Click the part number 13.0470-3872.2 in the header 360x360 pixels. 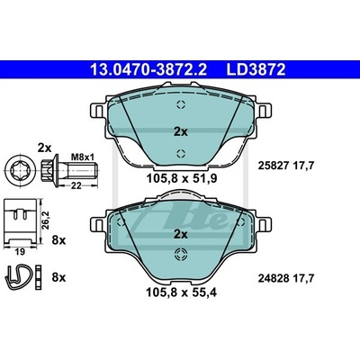coord(148,70)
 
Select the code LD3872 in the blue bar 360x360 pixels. coord(256,70)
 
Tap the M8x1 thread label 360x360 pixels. coord(83,157)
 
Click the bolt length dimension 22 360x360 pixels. coord(76,186)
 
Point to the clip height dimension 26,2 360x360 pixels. coord(45,220)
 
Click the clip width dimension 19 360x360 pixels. coord(20,251)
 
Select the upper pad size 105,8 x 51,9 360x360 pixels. coord(182,179)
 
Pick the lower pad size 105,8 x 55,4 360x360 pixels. coord(181,292)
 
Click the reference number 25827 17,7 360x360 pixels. coord(286,166)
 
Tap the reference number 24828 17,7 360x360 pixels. coord(286,279)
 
